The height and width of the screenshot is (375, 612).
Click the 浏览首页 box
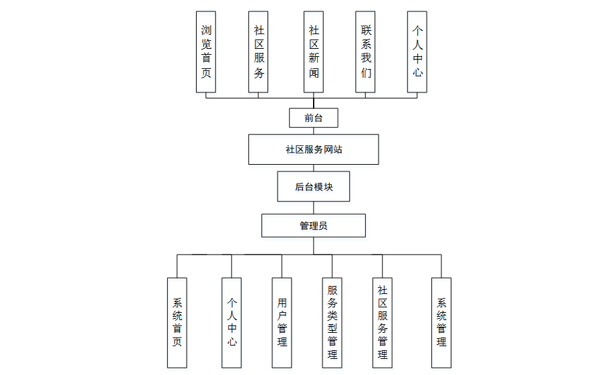(x=206, y=52)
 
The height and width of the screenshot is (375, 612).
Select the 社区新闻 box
(x=314, y=52)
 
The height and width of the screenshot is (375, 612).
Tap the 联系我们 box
(x=366, y=52)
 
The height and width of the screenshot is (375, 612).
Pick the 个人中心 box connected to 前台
(x=417, y=52)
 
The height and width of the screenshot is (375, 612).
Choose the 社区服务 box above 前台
(x=259, y=52)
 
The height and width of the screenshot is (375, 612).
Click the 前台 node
(x=313, y=118)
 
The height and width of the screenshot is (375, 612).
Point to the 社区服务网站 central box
(x=313, y=149)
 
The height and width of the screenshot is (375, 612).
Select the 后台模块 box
(x=313, y=187)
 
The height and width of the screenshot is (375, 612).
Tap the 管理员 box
(x=313, y=226)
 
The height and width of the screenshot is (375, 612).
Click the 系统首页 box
(x=177, y=322)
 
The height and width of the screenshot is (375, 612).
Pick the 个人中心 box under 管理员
(x=231, y=322)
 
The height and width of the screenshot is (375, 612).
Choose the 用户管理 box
(x=282, y=322)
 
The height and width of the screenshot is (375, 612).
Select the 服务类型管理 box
(x=332, y=322)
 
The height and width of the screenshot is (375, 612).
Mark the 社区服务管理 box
(x=383, y=322)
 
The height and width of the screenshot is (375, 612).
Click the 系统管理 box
(x=441, y=322)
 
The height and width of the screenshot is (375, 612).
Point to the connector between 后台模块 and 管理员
(x=313, y=208)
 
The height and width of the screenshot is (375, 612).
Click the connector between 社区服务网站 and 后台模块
(x=313, y=167)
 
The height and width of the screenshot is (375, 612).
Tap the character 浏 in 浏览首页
(x=206, y=30)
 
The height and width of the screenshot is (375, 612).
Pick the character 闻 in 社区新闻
(x=314, y=72)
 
